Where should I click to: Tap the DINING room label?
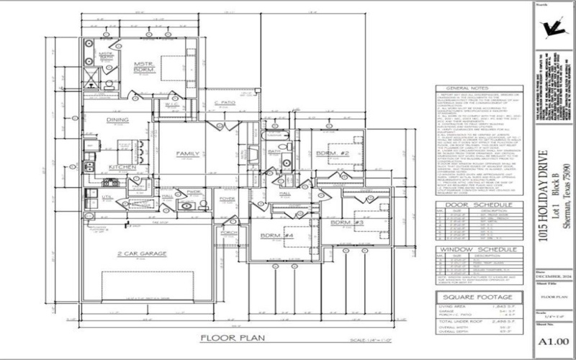[x=118, y=120]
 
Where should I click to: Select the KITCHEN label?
[x=122, y=167]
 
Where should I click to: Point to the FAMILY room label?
[x=187, y=154]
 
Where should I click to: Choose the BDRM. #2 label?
[x=332, y=153]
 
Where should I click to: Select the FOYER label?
[x=227, y=199]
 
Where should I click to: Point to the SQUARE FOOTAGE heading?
[x=477, y=296]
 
